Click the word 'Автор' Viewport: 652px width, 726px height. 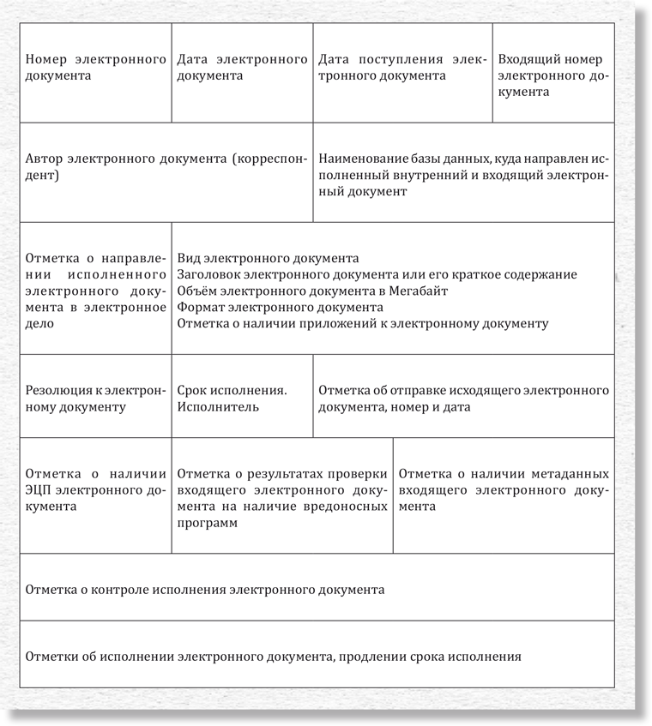45,159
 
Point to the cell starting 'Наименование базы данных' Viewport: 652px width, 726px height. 463,176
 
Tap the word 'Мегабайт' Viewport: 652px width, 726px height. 422,291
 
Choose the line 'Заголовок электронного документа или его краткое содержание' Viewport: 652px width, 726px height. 377,275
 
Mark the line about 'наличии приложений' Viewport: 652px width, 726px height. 362,323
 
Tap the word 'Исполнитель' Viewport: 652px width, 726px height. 218,407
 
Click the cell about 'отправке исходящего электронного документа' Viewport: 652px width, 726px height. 463,399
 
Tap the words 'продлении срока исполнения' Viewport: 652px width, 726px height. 430,657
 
